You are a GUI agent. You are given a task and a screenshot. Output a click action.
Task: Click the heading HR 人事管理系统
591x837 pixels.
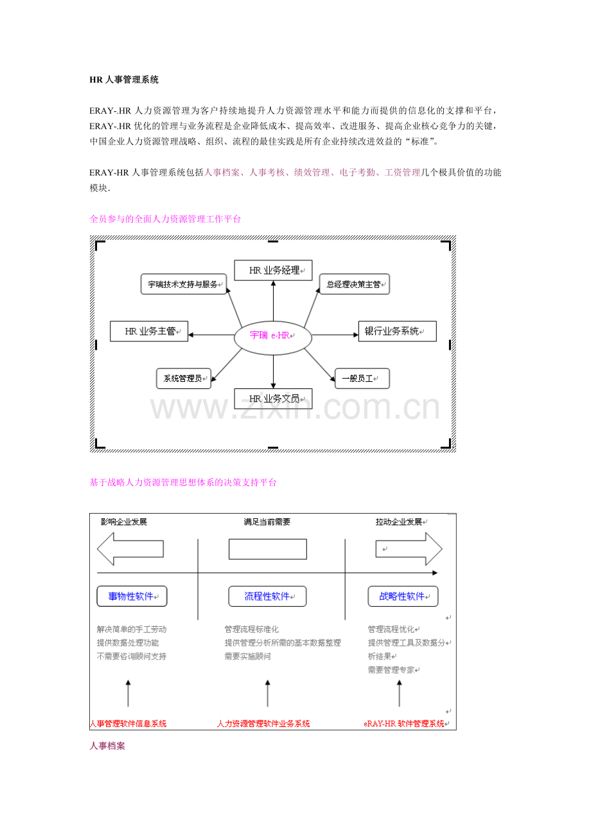pyautogui.click(x=124, y=80)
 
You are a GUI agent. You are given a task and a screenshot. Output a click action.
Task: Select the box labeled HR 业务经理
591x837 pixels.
pyautogui.click(x=273, y=270)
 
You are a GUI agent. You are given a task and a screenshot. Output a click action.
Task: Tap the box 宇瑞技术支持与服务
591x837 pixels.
pyautogui.click(x=184, y=284)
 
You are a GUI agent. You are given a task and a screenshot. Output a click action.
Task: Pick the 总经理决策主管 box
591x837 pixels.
pyautogui.click(x=355, y=284)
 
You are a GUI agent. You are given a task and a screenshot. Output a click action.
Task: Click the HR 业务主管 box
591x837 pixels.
pyautogui.click(x=149, y=331)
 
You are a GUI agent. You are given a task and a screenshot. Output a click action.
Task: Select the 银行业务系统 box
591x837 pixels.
pyautogui.click(x=397, y=331)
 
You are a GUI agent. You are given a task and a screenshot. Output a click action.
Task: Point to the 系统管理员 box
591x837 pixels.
pyautogui.click(x=184, y=379)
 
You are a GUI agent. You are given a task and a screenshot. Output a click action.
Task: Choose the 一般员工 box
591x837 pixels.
pyautogui.click(x=362, y=379)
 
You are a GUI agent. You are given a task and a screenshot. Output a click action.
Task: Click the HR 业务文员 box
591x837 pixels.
pyautogui.click(x=273, y=399)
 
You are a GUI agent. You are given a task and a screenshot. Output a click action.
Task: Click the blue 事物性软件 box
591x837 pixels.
pyautogui.click(x=132, y=596)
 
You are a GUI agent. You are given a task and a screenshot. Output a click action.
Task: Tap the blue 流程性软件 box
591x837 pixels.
pyautogui.click(x=267, y=596)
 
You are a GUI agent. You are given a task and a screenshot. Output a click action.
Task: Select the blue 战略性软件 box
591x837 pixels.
pyautogui.click(x=403, y=596)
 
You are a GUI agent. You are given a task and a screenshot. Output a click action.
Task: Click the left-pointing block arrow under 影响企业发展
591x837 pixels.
pyautogui.click(x=130, y=549)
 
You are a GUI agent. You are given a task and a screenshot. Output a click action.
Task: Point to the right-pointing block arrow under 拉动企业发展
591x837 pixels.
pyautogui.click(x=409, y=549)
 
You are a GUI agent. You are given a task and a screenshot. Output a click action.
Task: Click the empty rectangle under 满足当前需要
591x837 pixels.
pyautogui.click(x=268, y=549)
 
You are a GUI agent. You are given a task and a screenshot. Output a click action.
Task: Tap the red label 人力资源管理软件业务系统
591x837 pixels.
pyautogui.click(x=263, y=724)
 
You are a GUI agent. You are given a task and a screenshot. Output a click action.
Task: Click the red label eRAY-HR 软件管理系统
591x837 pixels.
pyautogui.click(x=404, y=724)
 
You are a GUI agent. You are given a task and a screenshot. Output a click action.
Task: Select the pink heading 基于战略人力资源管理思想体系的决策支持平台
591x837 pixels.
pyautogui.click(x=183, y=482)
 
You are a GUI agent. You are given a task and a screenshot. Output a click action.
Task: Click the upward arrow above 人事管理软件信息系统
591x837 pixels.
pyautogui.click(x=128, y=693)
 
